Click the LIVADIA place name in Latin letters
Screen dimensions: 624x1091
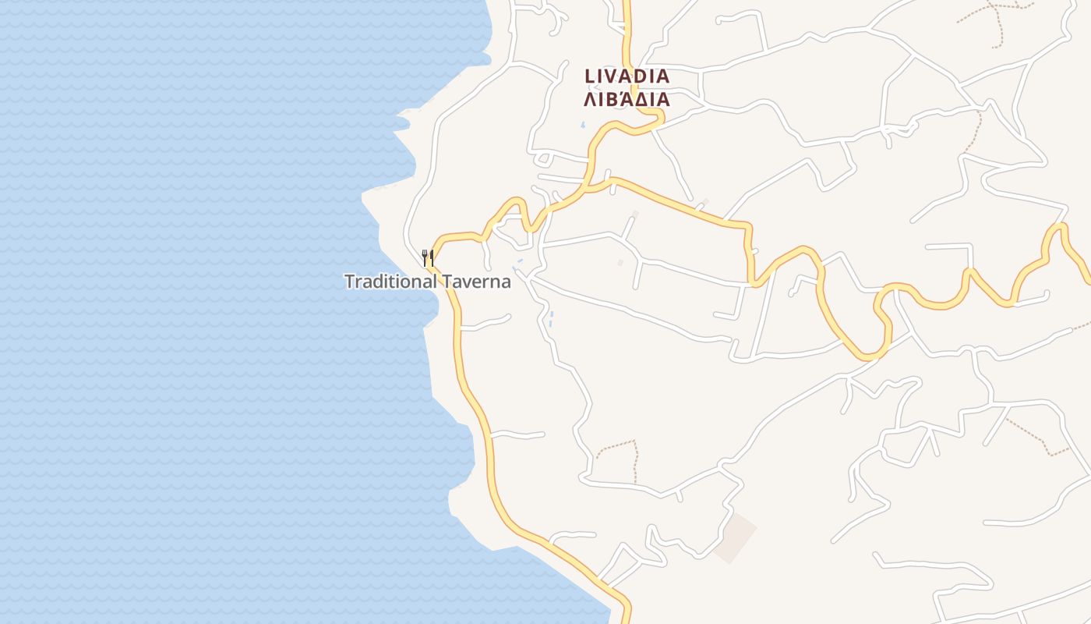click(627, 76)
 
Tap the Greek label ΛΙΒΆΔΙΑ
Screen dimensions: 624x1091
click(627, 100)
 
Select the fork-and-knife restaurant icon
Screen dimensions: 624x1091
click(427, 257)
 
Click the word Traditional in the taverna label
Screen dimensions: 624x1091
click(390, 282)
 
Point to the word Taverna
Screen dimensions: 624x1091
click(477, 282)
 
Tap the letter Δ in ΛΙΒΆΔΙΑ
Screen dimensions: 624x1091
click(638, 100)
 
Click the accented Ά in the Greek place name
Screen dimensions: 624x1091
click(621, 99)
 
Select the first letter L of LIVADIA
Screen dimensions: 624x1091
click(590, 76)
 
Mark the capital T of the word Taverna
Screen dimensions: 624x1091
click(447, 282)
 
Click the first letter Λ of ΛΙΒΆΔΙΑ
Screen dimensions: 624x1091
click(591, 100)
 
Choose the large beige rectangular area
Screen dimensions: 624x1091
click(735, 538)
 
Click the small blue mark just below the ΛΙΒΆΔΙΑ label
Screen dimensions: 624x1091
click(582, 124)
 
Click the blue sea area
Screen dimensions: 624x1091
click(195, 312)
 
